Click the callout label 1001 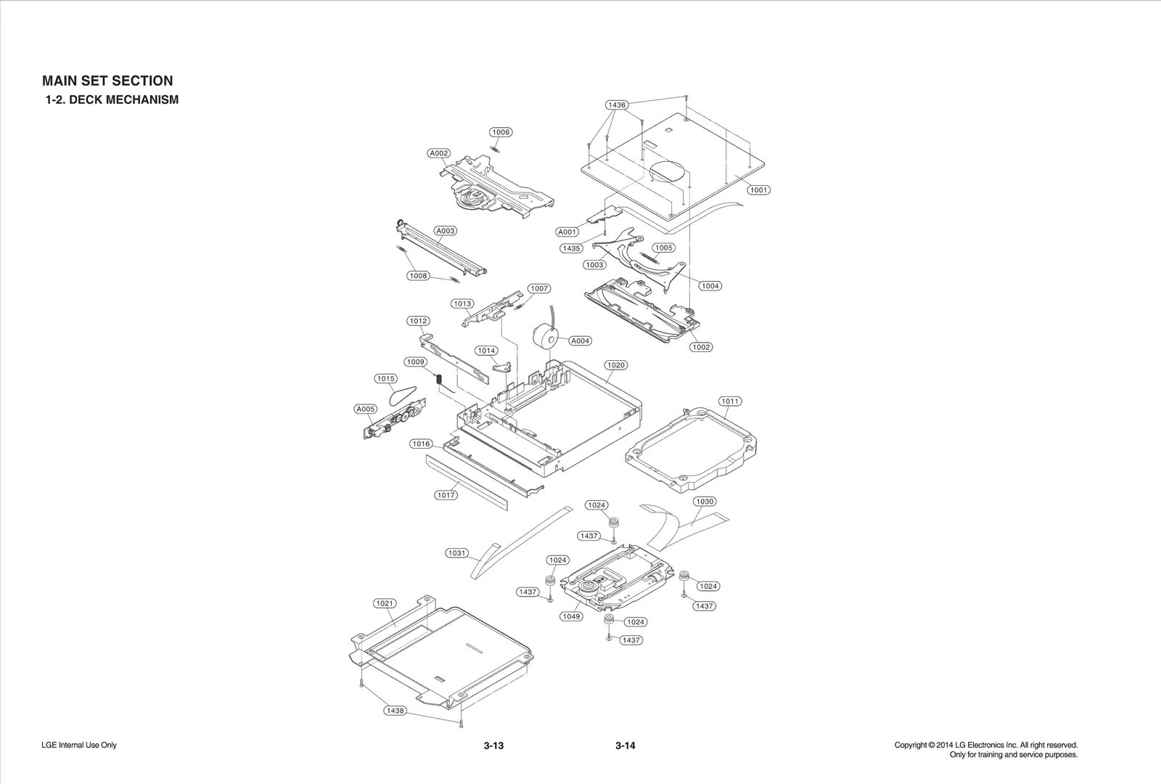click(758, 190)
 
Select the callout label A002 click(438, 153)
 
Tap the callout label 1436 click(616, 105)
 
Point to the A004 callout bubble click(580, 340)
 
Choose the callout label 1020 click(615, 365)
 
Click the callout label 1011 click(730, 401)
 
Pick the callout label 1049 click(571, 616)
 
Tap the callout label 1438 click(395, 711)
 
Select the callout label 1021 click(385, 603)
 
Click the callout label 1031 click(456, 553)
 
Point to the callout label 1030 click(704, 502)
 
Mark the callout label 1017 click(446, 495)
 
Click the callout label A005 click(366, 409)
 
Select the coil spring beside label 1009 click(439, 378)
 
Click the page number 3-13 click(493, 746)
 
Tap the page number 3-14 click(625, 746)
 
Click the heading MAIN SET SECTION click(107, 81)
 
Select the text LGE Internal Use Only click(79, 745)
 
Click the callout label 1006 click(501, 132)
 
